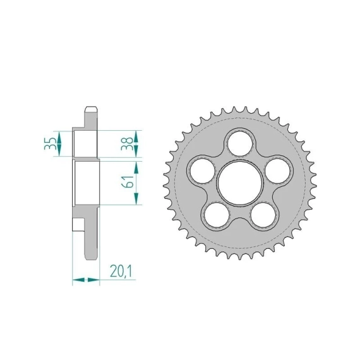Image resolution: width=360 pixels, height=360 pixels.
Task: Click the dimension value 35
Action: (51, 143)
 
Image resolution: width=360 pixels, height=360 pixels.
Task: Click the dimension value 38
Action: (127, 143)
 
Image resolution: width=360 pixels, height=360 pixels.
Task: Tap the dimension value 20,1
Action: (121, 271)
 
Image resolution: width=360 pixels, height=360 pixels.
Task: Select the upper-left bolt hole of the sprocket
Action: (203, 171)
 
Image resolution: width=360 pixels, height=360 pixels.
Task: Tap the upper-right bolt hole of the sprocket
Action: (277, 171)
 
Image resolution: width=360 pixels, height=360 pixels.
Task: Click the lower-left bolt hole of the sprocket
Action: (217, 215)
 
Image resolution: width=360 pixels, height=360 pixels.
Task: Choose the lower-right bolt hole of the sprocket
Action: (263, 215)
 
